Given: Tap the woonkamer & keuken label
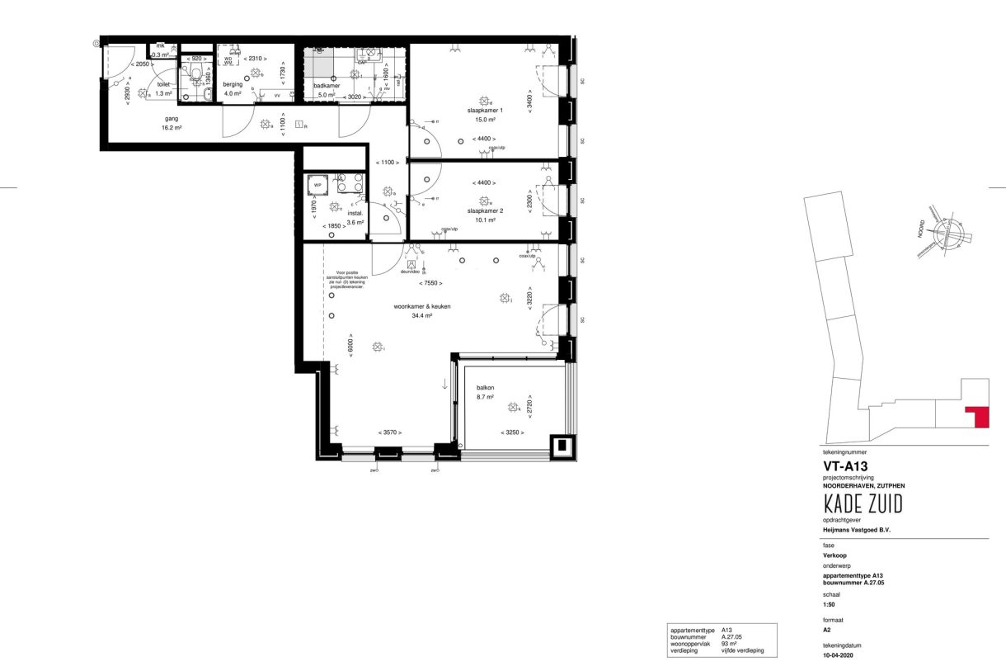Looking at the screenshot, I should (x=421, y=306).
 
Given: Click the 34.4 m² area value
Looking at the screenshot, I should (x=422, y=315).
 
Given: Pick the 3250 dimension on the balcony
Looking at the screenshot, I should (x=512, y=433).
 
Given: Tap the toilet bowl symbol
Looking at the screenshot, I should (x=195, y=78).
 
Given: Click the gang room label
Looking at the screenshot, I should (x=172, y=119).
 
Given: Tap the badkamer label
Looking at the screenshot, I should (x=327, y=85).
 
